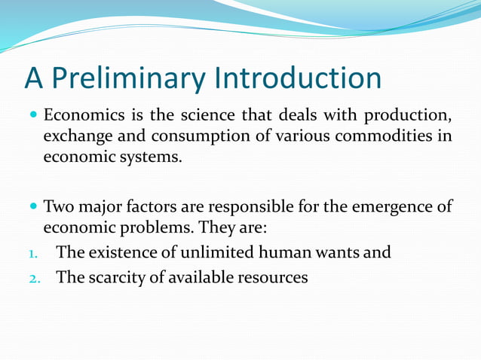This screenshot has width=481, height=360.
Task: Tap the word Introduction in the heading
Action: pos(298,78)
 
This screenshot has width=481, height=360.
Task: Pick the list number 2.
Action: pos(32,278)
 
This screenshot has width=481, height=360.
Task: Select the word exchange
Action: pos(75,137)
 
